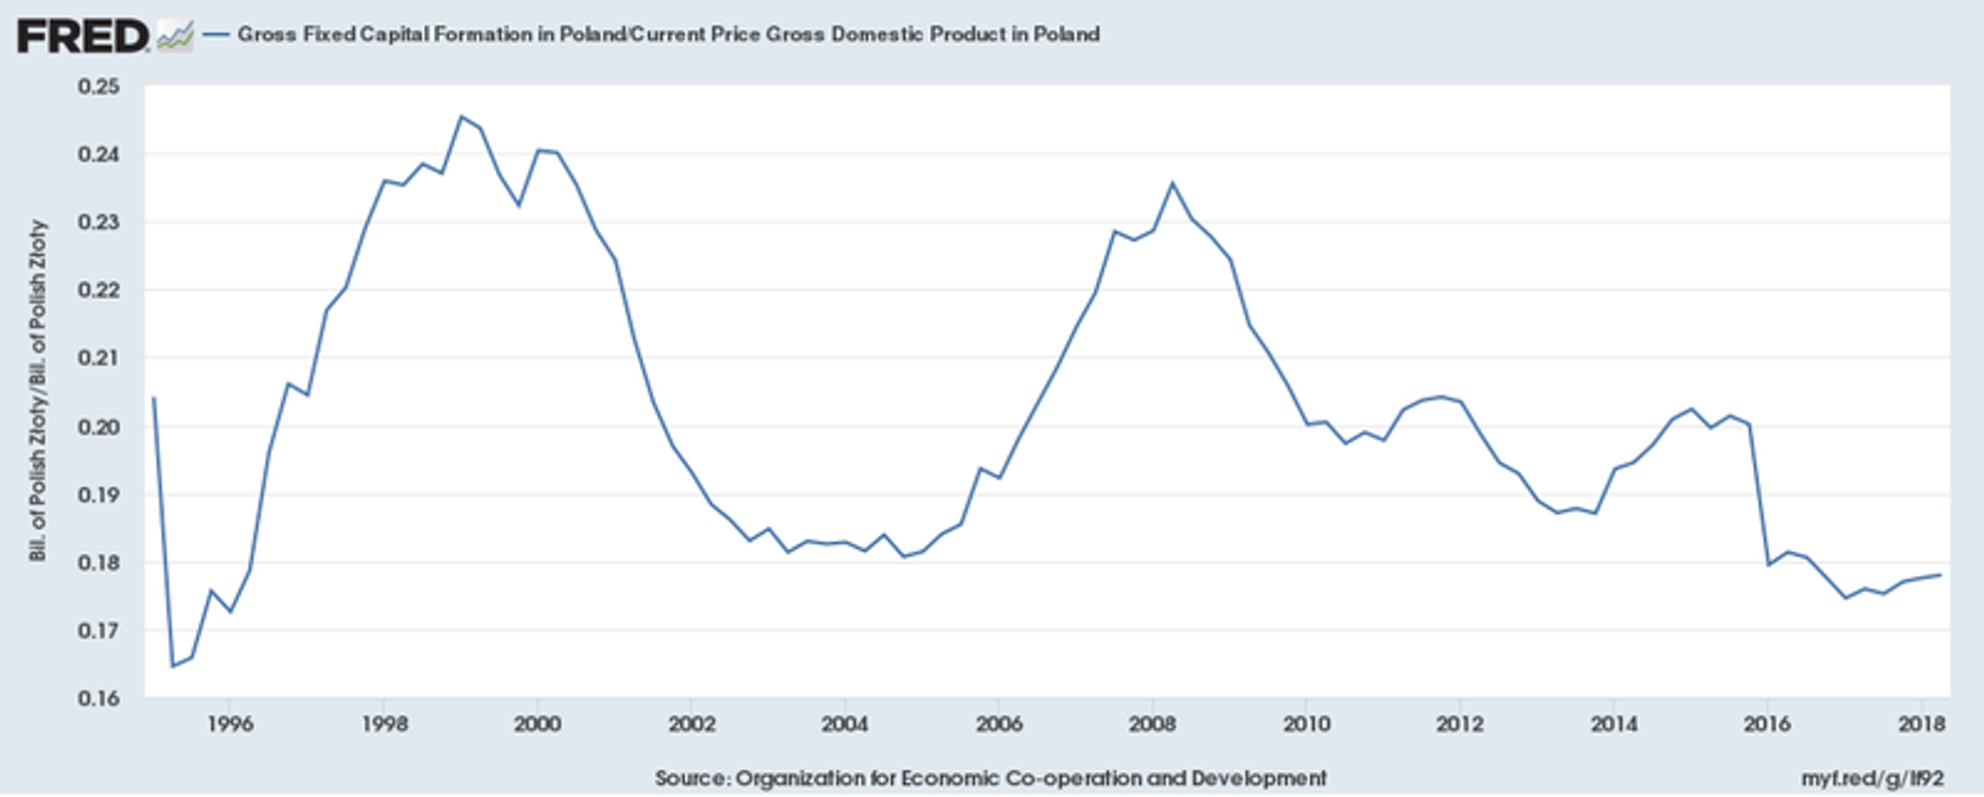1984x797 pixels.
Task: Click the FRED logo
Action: click(83, 37)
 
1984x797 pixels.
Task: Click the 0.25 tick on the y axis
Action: click(99, 87)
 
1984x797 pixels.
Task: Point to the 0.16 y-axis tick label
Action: click(99, 698)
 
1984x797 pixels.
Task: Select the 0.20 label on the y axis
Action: click(99, 426)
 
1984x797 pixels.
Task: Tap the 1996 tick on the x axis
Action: click(230, 724)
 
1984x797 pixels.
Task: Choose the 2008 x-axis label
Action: click(1153, 724)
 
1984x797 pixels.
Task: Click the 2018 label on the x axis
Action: click(1921, 724)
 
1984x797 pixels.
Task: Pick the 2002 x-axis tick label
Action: click(692, 724)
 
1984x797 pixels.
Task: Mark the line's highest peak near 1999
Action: click(461, 117)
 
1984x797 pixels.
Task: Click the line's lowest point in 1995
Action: click(172, 665)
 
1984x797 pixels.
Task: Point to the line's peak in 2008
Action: click(1173, 183)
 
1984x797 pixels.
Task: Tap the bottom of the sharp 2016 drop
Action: click(1769, 565)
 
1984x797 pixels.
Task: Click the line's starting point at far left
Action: click(153, 398)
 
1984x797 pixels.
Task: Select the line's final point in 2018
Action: click(1940, 575)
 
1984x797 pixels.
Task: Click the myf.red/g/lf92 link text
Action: click(1872, 778)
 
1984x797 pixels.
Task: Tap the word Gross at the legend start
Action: click(266, 35)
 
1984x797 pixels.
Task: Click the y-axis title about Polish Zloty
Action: click(38, 391)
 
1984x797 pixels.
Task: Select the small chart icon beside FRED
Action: click(175, 37)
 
